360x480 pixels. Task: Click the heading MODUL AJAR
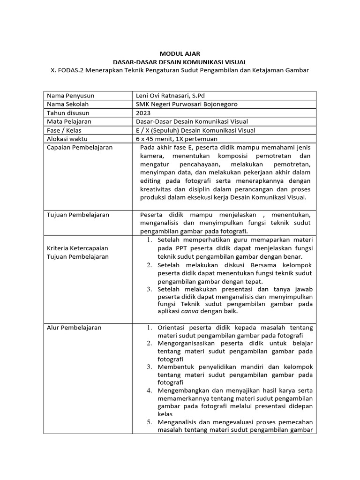point(180,54)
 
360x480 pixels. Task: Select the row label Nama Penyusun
point(67,96)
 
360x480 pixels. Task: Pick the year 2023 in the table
point(143,113)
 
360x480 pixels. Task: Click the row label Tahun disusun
point(68,113)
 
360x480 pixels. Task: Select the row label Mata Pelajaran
point(69,121)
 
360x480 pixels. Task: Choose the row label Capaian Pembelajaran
point(80,148)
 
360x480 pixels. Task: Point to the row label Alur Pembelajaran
point(74,328)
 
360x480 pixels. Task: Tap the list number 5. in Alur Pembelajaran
point(149,422)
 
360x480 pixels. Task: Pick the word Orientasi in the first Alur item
point(173,328)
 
